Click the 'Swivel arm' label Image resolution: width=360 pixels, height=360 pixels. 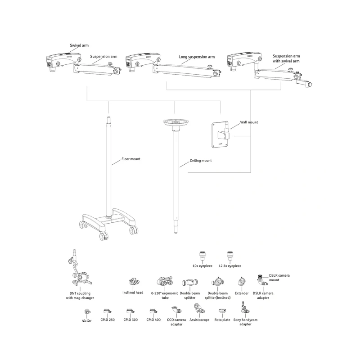coord(79,45)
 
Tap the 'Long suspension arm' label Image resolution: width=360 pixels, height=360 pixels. coord(197,57)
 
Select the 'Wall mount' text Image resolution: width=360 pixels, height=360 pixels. coord(249,122)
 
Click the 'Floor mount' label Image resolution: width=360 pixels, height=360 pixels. coord(131,159)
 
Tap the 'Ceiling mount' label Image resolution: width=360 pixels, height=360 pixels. coord(201,161)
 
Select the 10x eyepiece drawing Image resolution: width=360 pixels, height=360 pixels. coord(202,256)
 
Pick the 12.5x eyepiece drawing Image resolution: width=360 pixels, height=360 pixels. coord(230,256)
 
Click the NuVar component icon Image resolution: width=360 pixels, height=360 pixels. coord(87,311)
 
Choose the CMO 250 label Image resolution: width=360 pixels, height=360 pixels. coord(108,319)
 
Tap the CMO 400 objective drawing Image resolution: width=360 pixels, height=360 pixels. coord(153,311)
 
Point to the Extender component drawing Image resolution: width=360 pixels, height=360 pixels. coord(242,281)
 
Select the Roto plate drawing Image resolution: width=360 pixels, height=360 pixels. coord(222,311)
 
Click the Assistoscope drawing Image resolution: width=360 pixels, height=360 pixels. coord(199,309)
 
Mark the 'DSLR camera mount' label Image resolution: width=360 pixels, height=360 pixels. coord(279,278)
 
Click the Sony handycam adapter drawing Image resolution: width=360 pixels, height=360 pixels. coord(245,308)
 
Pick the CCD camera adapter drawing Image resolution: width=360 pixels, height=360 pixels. coord(176,310)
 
